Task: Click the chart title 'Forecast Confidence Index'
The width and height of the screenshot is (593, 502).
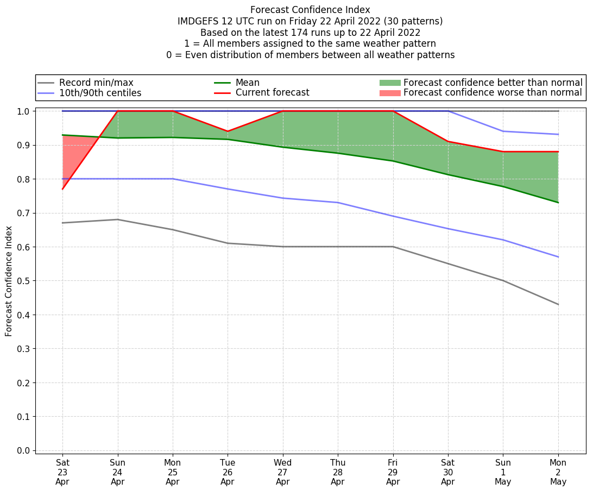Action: (310, 10)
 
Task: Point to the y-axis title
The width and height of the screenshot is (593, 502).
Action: (9, 281)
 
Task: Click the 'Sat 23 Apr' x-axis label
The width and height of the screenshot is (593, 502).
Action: (62, 472)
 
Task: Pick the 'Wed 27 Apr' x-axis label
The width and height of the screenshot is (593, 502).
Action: (282, 472)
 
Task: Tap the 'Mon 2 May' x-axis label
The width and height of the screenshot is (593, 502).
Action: (558, 472)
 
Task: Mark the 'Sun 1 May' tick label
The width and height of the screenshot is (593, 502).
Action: (503, 472)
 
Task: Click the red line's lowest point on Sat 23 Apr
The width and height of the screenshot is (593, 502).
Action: (62, 189)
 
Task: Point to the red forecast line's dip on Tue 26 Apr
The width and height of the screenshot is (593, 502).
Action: (228, 131)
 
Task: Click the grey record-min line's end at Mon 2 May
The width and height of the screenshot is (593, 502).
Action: (558, 304)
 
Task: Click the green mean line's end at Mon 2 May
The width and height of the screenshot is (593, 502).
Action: (558, 203)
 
